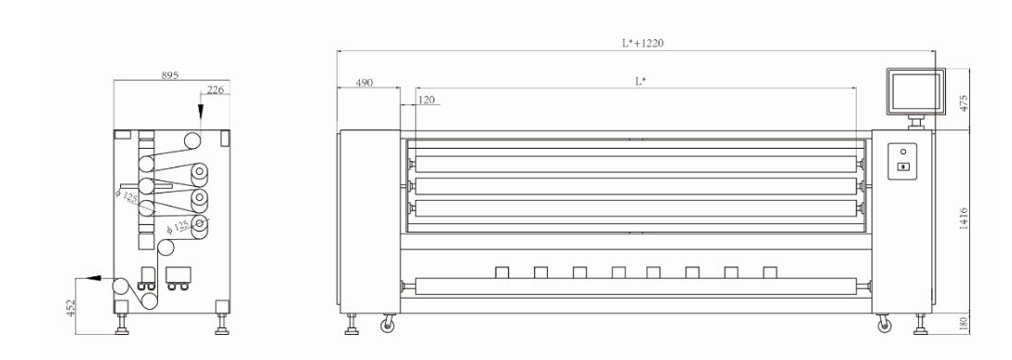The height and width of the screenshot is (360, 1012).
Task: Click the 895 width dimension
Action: coord(169,74)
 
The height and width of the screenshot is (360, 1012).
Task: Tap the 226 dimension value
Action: coord(216,89)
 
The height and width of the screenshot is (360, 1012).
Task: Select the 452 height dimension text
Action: coord(71,308)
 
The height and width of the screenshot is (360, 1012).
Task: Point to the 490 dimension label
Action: coord(365,83)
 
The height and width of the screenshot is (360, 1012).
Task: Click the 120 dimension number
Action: coord(427,100)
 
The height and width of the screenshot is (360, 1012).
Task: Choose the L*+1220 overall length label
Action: coord(643,43)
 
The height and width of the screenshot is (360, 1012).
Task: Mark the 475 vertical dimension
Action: coord(965,104)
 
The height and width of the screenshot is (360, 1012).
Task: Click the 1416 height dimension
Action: coord(964,220)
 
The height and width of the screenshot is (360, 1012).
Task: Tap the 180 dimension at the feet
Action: coord(965,323)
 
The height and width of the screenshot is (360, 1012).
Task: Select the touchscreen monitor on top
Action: coord(915,91)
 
